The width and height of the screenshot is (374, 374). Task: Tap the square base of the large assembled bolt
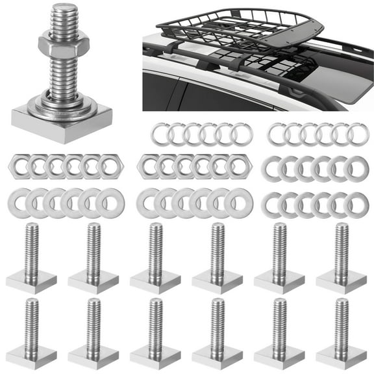pos(62,116)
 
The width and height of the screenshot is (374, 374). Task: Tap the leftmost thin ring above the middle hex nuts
pos(162,134)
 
